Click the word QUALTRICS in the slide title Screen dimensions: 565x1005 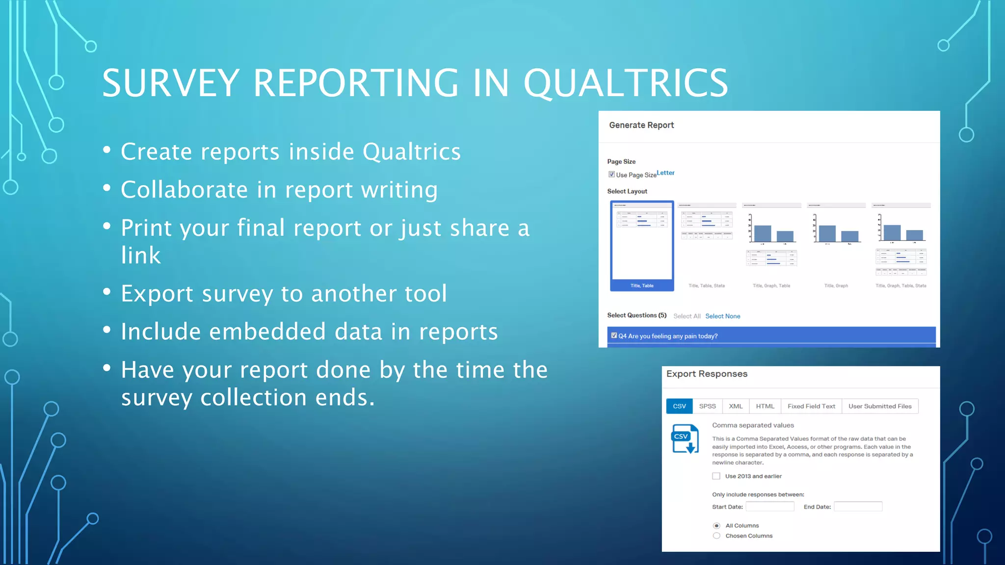tap(625, 83)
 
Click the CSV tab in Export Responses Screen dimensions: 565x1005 tap(679, 406)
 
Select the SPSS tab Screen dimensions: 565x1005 tap(707, 406)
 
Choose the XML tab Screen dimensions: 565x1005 tap(736, 406)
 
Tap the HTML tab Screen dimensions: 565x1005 tap(765, 406)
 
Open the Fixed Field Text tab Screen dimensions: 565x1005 tap(811, 406)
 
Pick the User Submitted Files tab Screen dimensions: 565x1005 tap(880, 406)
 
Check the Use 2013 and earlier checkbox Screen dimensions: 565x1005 tap(716, 476)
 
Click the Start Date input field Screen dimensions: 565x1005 tap(769, 507)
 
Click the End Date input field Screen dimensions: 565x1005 tap(858, 507)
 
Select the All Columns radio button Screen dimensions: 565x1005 tap(716, 526)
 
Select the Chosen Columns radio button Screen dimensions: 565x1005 tap(716, 536)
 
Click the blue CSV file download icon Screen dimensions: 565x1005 tap(685, 439)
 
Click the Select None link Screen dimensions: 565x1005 tap(722, 316)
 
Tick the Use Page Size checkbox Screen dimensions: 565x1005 tap(611, 175)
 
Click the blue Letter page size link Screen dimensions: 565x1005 tap(665, 173)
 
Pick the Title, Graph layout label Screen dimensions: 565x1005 tap(836, 286)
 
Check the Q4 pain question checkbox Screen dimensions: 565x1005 tap(614, 335)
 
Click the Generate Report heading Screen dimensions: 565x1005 tap(641, 126)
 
